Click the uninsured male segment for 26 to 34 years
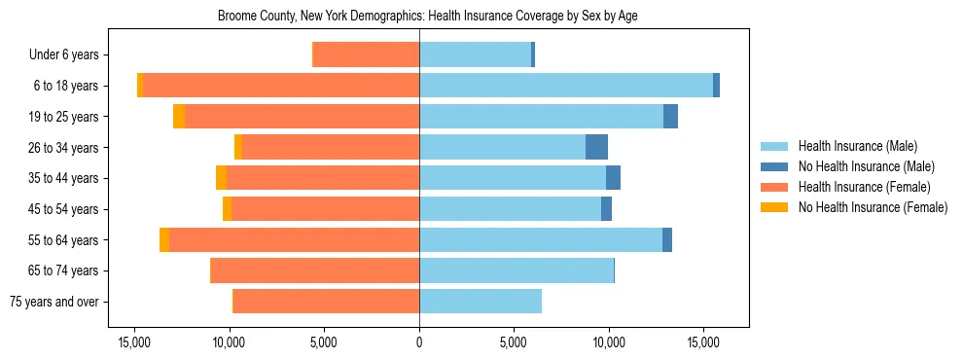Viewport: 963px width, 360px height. (596, 147)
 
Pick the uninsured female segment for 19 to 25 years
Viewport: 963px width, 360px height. (179, 117)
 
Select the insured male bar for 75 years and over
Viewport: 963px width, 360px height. (481, 302)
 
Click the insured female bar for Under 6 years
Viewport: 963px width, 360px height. (366, 55)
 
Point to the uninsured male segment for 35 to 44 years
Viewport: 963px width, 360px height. (613, 178)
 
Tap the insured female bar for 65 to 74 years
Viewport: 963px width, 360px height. (314, 270)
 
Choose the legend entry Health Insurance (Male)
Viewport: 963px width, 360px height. (857, 146)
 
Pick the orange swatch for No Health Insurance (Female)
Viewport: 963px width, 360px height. (774, 207)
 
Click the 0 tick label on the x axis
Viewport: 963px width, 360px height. (419, 342)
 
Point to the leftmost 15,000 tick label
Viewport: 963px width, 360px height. (134, 342)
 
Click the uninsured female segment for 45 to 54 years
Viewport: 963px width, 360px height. (228, 209)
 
